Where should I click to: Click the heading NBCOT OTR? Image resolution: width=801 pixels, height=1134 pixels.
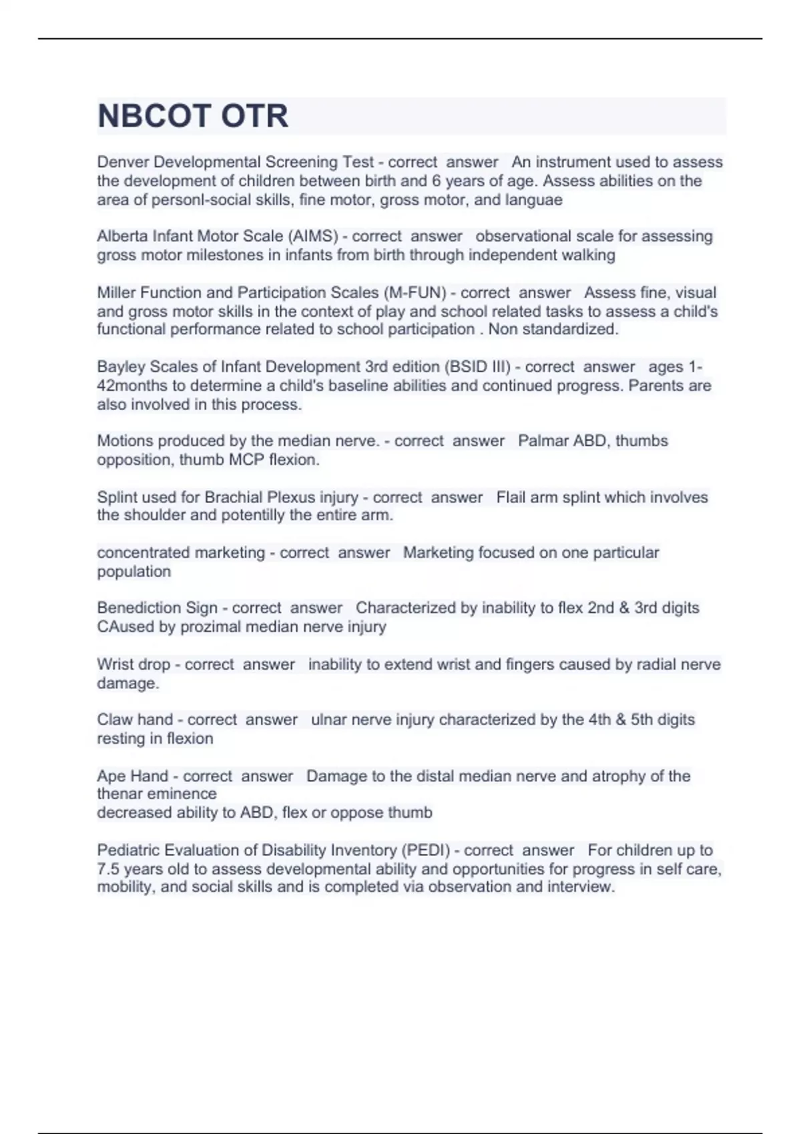193,116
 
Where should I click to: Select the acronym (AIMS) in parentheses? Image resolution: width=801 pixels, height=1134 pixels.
312,236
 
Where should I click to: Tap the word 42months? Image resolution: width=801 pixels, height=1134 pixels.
130,386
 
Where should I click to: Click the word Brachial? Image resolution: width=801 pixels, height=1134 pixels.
235,498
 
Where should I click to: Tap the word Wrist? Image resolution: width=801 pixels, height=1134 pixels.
114,664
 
